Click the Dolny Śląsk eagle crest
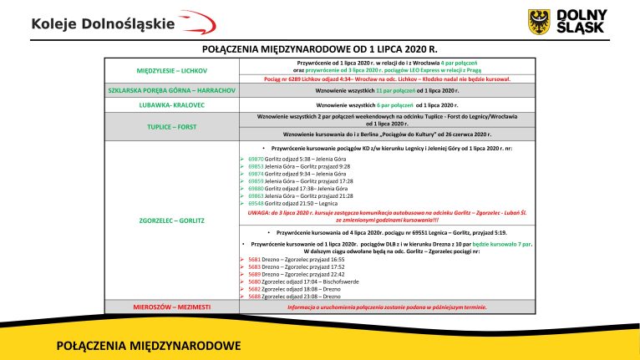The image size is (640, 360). pyautogui.click(x=540, y=21)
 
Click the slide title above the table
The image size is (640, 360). pyautogui.click(x=321, y=50)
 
